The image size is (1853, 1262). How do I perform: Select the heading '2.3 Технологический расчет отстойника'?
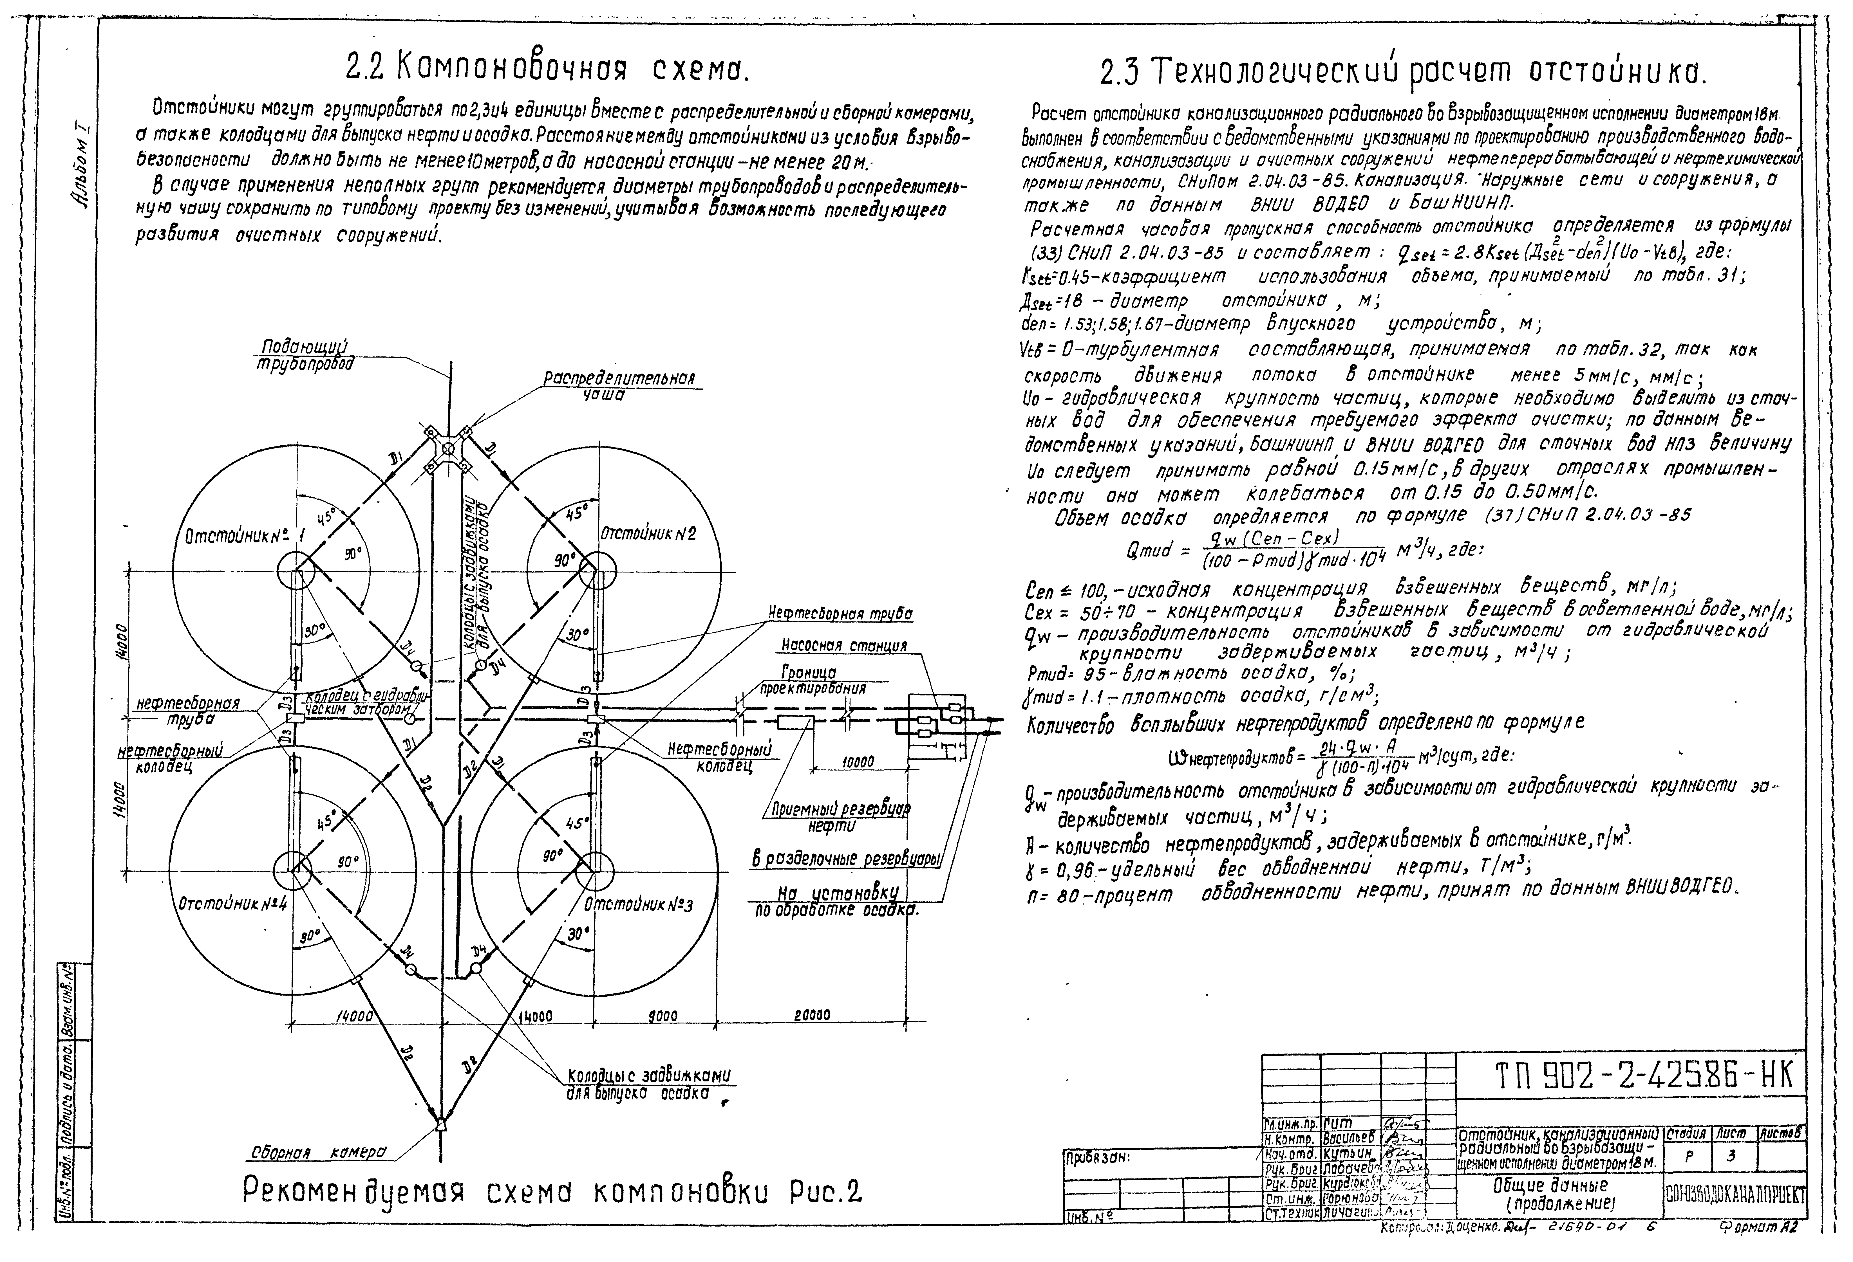point(1402,73)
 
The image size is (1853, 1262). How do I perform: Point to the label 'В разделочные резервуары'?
point(846,859)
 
